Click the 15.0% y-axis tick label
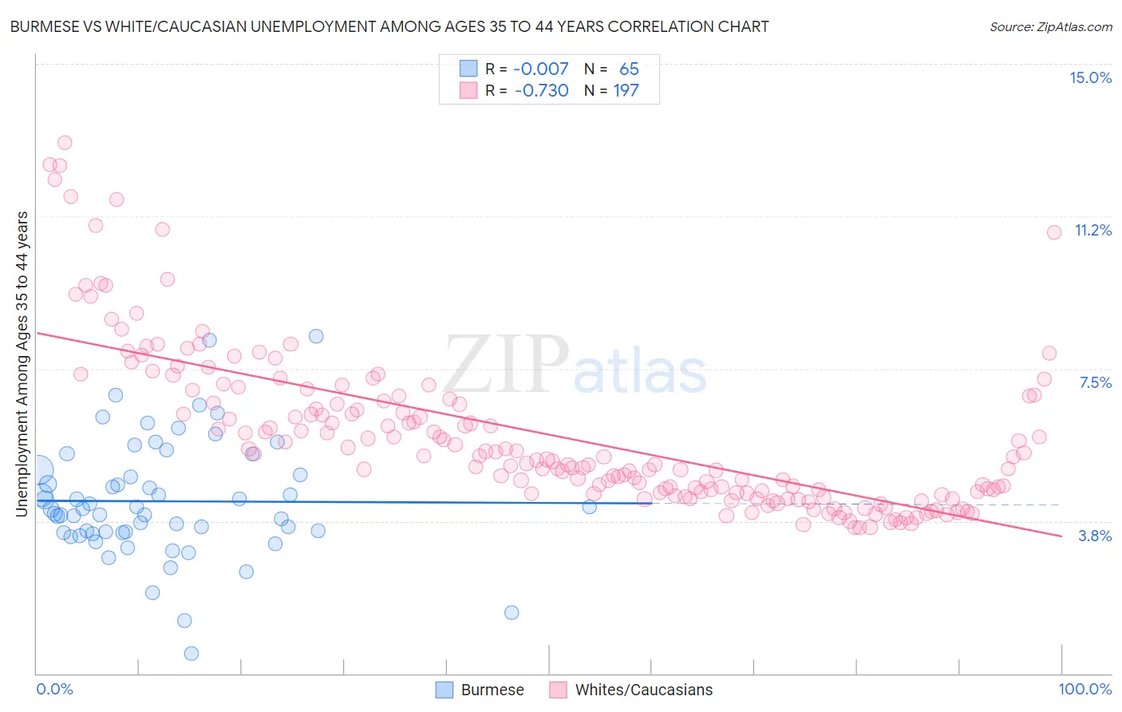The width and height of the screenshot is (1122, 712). coord(1089,77)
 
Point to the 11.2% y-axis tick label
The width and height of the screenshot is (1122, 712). coord(1092,231)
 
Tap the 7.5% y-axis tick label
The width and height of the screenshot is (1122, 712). coord(1094,383)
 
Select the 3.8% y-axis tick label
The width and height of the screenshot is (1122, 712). coord(1094,536)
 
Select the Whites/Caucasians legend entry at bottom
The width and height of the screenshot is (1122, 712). coord(630,690)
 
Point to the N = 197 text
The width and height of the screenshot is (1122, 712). coord(611,91)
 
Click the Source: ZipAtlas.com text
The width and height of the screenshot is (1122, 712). coord(1050,26)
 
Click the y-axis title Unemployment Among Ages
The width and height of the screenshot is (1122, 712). coord(22,363)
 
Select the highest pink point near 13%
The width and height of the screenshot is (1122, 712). coord(65,143)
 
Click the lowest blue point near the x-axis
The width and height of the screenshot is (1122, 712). coord(192,654)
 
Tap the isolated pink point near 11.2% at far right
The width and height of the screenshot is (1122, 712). coord(1053,232)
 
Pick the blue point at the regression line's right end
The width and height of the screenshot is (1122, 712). coord(590,507)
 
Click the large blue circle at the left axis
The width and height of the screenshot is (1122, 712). coord(37,471)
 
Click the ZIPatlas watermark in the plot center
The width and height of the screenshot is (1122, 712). coord(575,365)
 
